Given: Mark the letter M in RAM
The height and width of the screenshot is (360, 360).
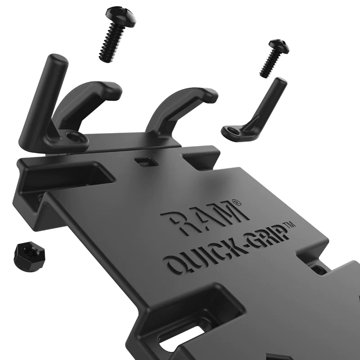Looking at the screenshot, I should coord(229,213).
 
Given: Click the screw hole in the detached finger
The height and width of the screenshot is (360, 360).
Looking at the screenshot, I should coord(233,131).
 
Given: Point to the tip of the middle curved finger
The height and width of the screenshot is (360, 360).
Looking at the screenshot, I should coord(210,94).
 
